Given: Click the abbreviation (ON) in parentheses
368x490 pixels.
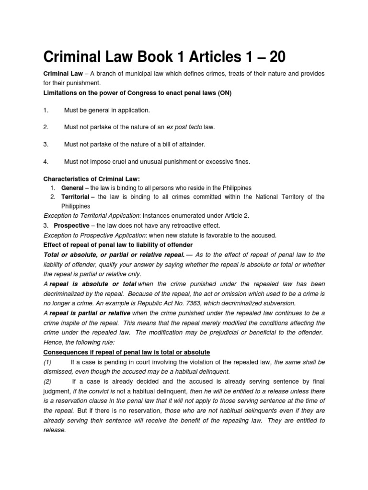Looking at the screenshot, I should (x=225, y=93).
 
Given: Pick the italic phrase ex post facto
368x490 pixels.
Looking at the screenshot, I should (x=184, y=127).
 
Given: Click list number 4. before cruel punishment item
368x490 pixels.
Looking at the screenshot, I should (x=46, y=162).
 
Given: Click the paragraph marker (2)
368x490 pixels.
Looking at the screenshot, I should (x=48, y=381).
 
